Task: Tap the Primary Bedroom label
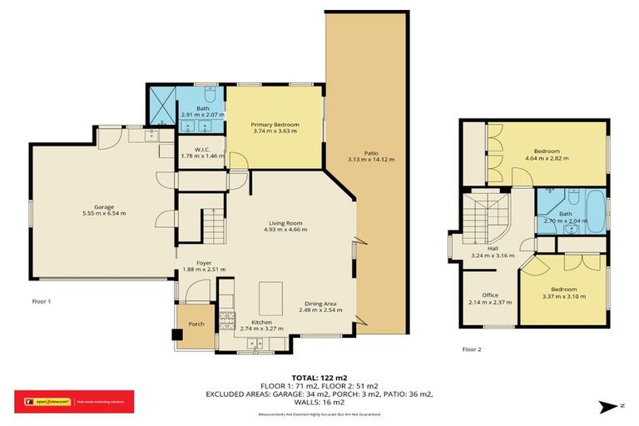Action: point(275,124)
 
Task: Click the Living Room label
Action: point(285,222)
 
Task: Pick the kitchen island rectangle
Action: point(270,295)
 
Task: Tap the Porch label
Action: point(196,324)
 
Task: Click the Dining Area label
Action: point(319,304)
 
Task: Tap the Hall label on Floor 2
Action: point(494,249)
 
